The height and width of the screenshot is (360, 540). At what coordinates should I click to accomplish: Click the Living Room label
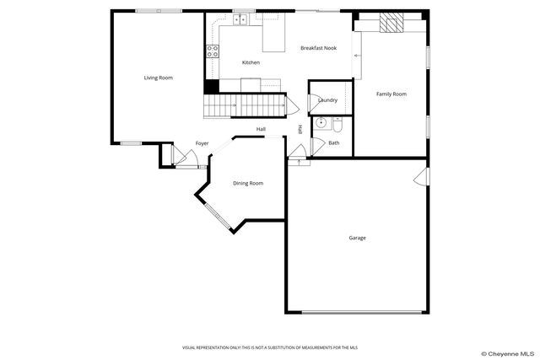pyautogui.click(x=158, y=78)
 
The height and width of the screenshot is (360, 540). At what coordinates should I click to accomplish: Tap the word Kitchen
pyautogui.click(x=251, y=62)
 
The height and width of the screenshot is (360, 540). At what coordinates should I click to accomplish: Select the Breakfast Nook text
pyautogui.click(x=318, y=48)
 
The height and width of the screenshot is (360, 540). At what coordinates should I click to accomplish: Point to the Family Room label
pyautogui.click(x=391, y=94)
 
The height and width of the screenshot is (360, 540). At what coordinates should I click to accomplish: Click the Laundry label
pyautogui.click(x=327, y=100)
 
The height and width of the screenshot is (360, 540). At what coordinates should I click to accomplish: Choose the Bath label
pyautogui.click(x=334, y=142)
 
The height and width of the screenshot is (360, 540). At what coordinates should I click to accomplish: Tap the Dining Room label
pyautogui.click(x=248, y=183)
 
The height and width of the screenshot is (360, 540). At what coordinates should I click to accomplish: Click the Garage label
pyautogui.click(x=357, y=238)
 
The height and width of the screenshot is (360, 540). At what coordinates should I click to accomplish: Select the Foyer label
pyautogui.click(x=202, y=143)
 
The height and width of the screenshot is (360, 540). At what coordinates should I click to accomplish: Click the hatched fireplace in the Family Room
pyautogui.click(x=391, y=23)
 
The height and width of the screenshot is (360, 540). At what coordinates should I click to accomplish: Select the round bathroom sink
pyautogui.click(x=319, y=123)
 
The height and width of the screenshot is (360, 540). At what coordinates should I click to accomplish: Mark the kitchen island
pyautogui.click(x=273, y=37)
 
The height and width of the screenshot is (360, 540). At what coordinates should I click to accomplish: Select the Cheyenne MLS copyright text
pyautogui.click(x=506, y=353)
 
